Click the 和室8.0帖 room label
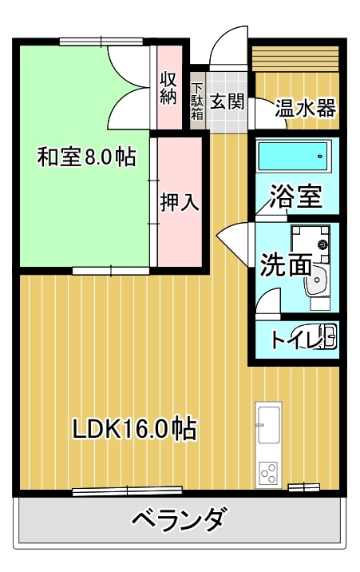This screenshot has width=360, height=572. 86,157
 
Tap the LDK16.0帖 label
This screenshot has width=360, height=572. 135,429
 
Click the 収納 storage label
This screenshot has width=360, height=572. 168,88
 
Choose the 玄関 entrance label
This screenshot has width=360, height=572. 227,101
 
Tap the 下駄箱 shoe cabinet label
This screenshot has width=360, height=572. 197,101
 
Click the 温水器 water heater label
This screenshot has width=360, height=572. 306,108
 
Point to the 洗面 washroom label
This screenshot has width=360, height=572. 283,264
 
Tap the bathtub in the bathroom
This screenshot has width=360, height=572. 295,154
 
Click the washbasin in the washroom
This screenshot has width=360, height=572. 320,280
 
